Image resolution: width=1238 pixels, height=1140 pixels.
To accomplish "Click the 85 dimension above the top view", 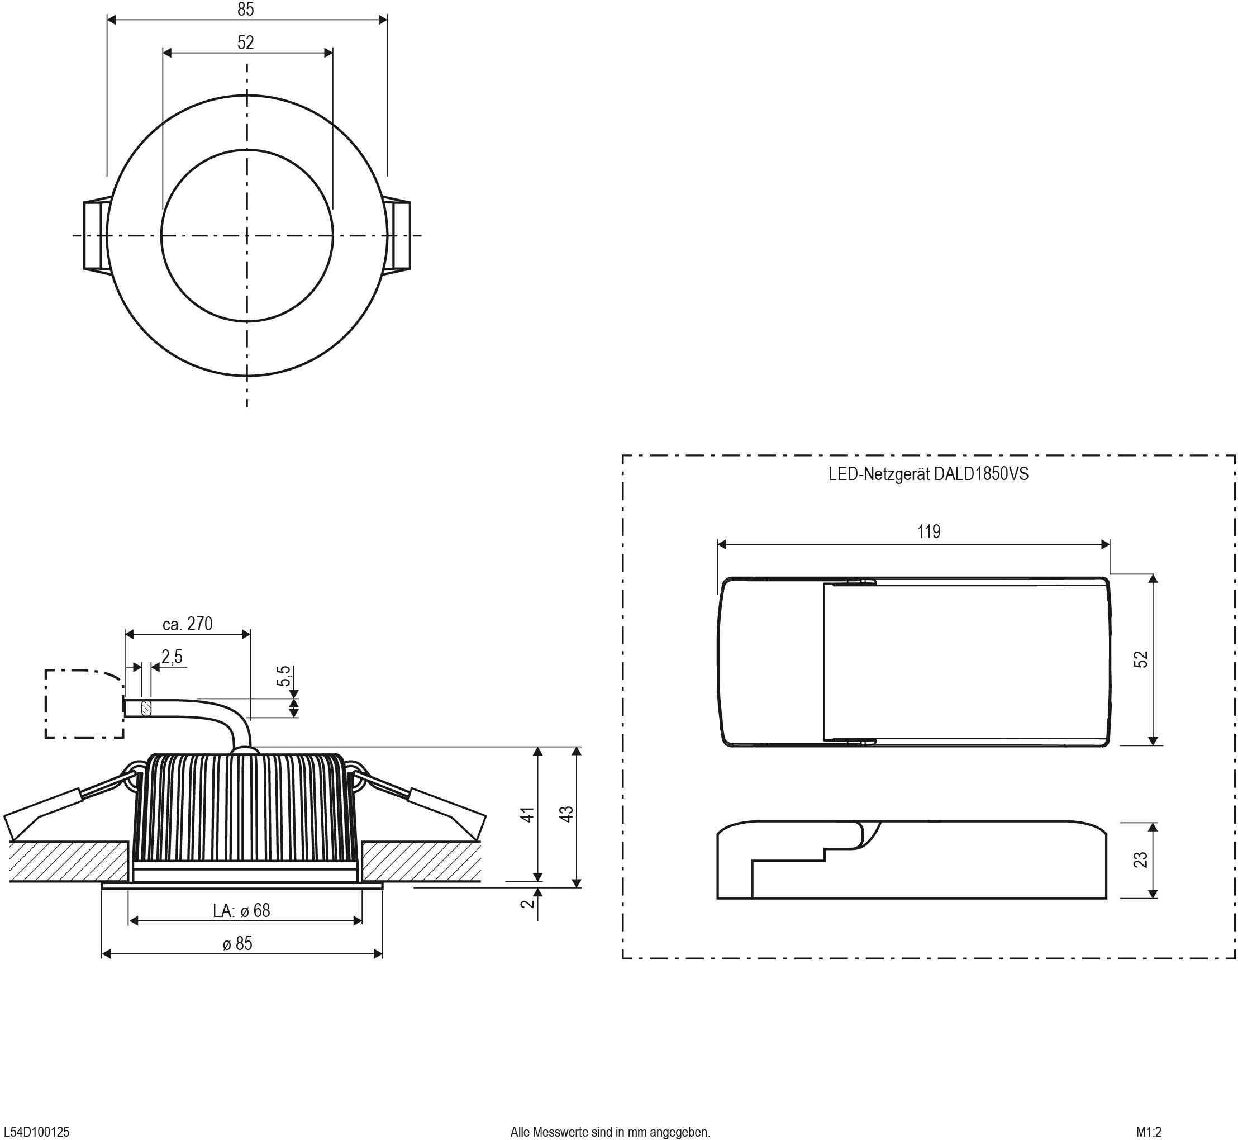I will pyautogui.click(x=245, y=9).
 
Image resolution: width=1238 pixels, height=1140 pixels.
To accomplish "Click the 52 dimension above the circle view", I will pyautogui.click(x=245, y=42).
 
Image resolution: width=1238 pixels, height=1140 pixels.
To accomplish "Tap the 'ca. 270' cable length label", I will pyautogui.click(x=188, y=624).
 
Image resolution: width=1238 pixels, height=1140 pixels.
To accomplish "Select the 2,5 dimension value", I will pyautogui.click(x=172, y=657).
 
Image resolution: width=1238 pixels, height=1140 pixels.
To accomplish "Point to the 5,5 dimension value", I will pyautogui.click(x=283, y=676).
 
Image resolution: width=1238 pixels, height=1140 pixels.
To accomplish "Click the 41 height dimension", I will pyautogui.click(x=527, y=814).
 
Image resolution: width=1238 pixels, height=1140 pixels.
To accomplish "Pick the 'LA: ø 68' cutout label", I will pyautogui.click(x=241, y=910).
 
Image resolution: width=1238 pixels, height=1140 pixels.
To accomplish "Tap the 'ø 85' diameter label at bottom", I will pyautogui.click(x=237, y=943).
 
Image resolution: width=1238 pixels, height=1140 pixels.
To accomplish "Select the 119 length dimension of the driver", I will pyautogui.click(x=929, y=531).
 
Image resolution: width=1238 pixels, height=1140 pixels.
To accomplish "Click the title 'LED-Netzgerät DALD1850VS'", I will pyautogui.click(x=928, y=474).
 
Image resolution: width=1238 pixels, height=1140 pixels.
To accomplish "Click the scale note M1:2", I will pyautogui.click(x=1149, y=1132).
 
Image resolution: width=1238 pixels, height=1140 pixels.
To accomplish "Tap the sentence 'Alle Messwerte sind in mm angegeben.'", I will pyautogui.click(x=610, y=1132).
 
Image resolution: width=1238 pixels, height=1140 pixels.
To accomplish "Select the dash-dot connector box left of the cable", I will pyautogui.click(x=83, y=704).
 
